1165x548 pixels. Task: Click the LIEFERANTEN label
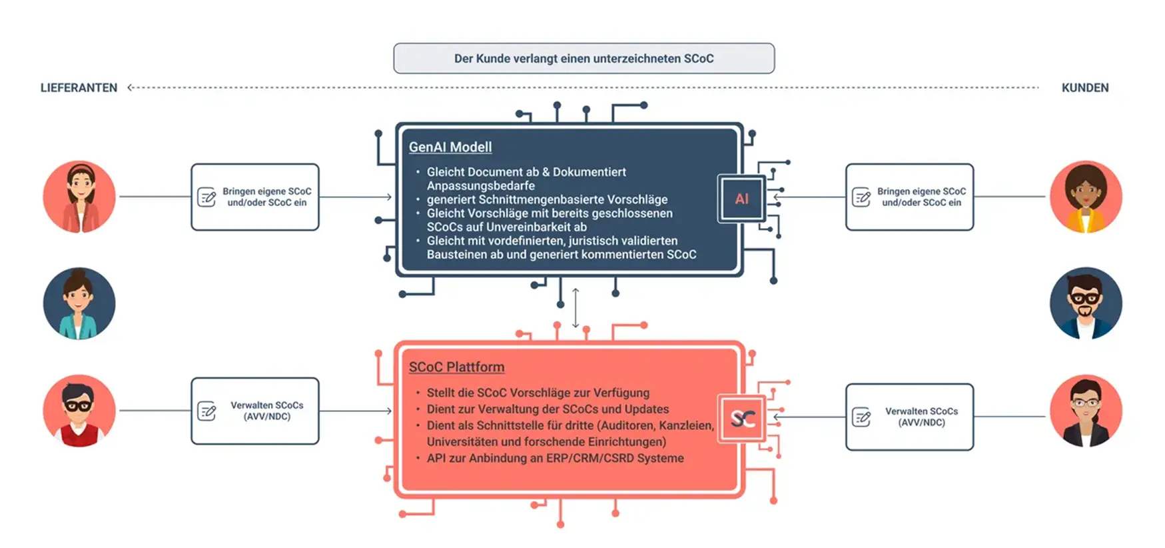79,88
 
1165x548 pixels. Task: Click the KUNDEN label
1084,88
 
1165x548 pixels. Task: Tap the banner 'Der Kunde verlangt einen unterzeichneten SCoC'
583,59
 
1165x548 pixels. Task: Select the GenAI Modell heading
450,147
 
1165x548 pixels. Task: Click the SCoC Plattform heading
456,367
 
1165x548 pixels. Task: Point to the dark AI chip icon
741,199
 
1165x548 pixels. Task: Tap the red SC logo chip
742,419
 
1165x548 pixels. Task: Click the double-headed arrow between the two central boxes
576,308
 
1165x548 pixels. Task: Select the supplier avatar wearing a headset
79,197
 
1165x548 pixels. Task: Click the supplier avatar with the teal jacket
79,303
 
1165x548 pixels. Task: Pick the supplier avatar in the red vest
79,411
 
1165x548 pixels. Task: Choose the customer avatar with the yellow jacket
1085,197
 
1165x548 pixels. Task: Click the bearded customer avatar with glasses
1085,303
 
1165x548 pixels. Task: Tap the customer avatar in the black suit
1085,411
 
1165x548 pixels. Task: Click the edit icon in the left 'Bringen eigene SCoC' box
207,197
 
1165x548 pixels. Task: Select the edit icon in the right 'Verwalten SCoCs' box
861,417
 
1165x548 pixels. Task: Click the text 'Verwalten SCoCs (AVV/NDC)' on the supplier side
266,411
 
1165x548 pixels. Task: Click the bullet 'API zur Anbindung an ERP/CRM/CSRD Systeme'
555,458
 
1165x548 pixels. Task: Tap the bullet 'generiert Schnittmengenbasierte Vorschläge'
547,199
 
